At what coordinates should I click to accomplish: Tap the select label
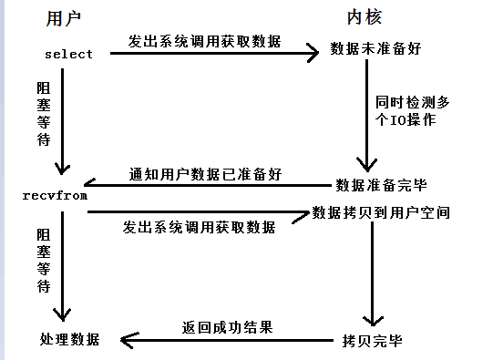[x=68, y=54]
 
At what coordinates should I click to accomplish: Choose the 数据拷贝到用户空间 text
[x=380, y=212]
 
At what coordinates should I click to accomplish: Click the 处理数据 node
[x=67, y=340]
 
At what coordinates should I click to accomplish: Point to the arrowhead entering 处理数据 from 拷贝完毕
[x=126, y=340]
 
